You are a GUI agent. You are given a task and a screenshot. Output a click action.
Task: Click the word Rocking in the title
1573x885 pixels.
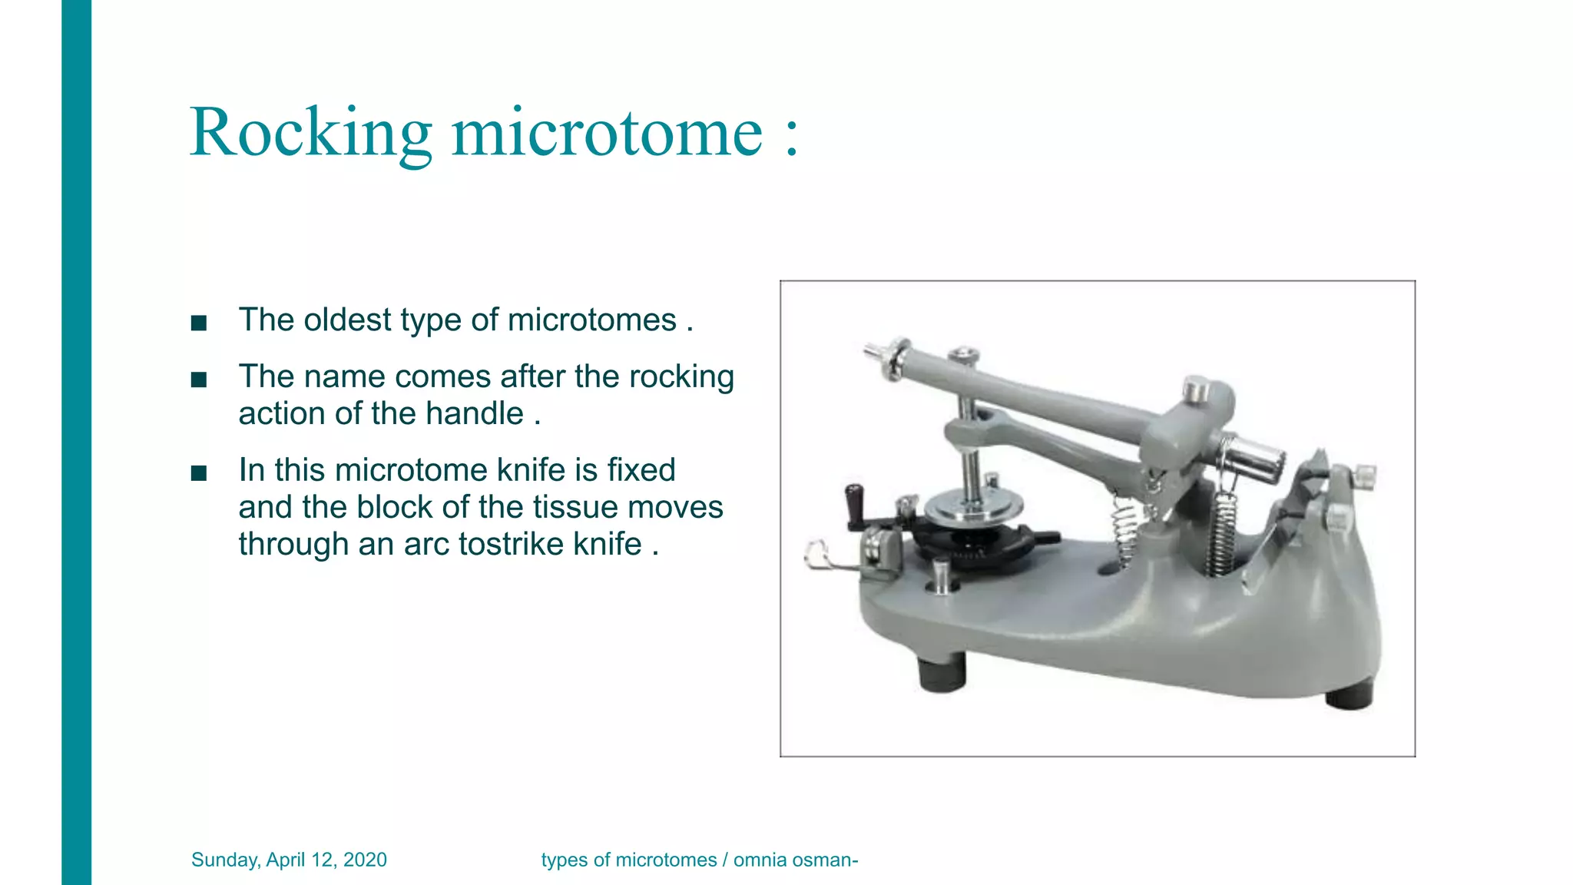pos(310,132)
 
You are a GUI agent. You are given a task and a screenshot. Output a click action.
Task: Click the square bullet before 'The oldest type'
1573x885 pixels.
pos(199,323)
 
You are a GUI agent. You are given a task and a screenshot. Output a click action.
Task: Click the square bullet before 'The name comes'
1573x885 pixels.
pos(199,380)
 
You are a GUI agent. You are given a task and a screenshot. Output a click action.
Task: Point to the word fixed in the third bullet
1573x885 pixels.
pos(641,469)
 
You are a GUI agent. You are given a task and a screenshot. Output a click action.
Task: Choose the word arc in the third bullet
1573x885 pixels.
pos(426,544)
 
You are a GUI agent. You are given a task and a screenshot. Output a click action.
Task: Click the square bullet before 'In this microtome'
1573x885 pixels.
pos(199,473)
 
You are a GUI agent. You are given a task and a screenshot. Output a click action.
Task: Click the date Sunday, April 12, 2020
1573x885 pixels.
pos(289,860)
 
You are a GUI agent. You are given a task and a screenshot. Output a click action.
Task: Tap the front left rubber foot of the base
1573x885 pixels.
pos(942,673)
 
